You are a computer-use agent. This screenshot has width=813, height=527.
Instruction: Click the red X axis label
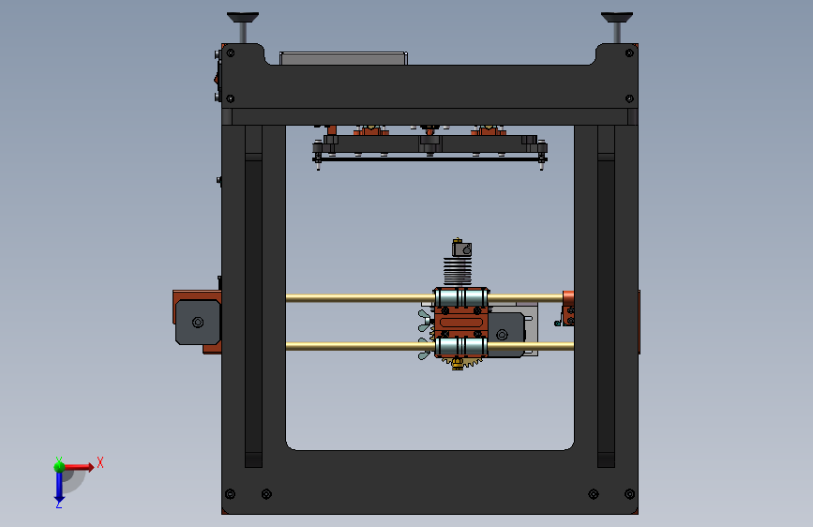[x=100, y=462]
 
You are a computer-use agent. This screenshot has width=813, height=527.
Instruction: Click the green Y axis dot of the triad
[x=59, y=466]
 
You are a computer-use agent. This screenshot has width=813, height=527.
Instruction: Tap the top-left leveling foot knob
[x=243, y=18]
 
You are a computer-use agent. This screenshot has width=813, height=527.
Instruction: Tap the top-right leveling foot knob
[x=616, y=18]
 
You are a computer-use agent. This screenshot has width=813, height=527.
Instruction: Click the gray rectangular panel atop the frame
[x=343, y=58]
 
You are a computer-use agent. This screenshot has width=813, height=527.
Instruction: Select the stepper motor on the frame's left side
[x=198, y=323]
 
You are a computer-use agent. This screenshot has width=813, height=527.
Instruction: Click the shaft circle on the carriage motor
[x=502, y=335]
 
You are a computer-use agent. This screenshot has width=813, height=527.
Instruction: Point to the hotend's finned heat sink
[x=458, y=271]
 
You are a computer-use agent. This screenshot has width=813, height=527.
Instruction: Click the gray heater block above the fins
[x=461, y=249]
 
